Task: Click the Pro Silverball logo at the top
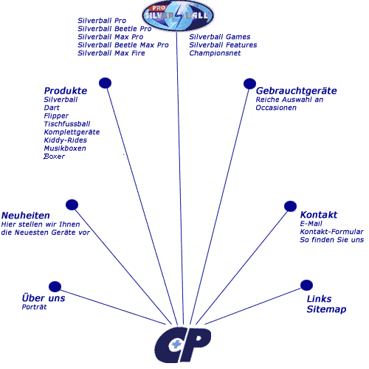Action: pos(178,15)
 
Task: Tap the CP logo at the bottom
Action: pos(182,345)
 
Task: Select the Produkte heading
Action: pos(66,91)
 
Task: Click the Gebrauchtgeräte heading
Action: pos(296,91)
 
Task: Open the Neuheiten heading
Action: pos(26,215)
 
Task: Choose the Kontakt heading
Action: pos(319,215)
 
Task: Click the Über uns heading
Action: pos(44,297)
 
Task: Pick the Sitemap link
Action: pos(326,309)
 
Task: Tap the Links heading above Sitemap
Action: pos(319,299)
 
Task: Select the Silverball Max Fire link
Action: pos(111,53)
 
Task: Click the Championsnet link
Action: pos(215,53)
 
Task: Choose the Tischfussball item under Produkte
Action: pos(67,124)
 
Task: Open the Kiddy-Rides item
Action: pos(65,140)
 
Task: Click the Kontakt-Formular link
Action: pos(331,232)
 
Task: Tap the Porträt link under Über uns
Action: pos(34,307)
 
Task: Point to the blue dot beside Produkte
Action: pos(105,83)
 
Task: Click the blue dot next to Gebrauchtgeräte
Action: pos(249,84)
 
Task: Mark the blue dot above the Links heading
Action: pos(306,285)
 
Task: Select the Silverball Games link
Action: pos(220,37)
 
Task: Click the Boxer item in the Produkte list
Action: pos(54,156)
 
